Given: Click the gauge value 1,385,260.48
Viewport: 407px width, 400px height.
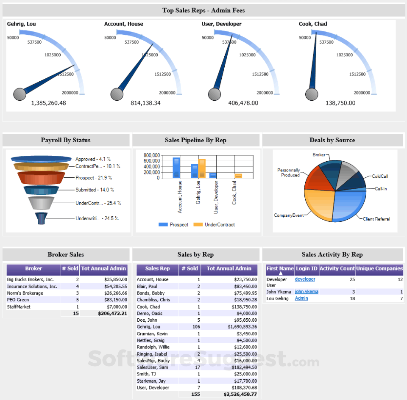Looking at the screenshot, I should (48, 103).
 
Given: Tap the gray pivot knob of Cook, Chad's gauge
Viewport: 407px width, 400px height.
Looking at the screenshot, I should (311, 94).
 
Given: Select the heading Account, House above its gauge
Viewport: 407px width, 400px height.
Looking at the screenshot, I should (124, 24).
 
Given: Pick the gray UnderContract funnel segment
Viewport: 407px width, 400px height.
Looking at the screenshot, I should (41, 203).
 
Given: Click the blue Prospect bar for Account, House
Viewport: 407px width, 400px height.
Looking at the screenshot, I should (176, 167).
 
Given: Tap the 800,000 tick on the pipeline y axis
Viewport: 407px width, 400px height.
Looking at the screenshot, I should (152, 155).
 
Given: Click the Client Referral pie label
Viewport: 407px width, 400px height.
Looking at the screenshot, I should (376, 219).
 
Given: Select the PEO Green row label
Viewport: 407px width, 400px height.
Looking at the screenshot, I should (19, 300).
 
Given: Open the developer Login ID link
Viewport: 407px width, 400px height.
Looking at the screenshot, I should (305, 279).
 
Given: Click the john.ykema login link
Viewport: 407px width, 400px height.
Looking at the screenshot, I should (307, 292).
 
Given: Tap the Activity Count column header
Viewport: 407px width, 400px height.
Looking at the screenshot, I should (337, 268).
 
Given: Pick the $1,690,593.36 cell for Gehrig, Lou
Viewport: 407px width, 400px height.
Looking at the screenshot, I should (242, 327).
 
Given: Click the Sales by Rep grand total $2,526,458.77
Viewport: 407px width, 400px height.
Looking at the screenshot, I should (240, 394).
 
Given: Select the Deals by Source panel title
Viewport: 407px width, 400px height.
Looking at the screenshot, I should (332, 140).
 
